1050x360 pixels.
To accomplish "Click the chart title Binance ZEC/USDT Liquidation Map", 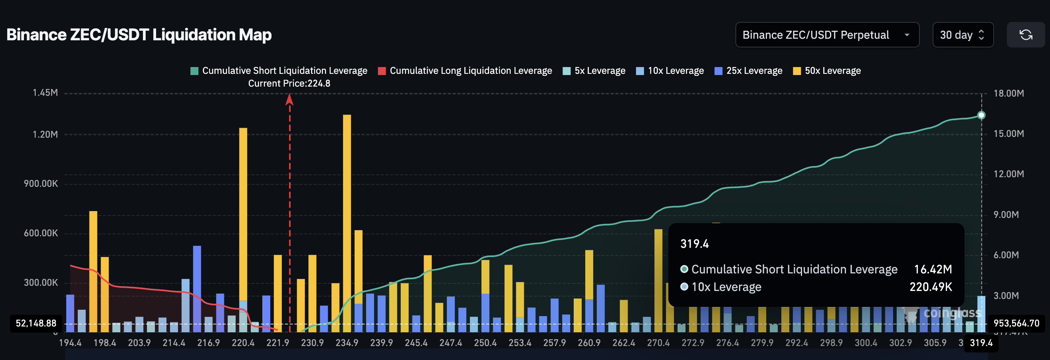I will pyautogui.click(x=139, y=35).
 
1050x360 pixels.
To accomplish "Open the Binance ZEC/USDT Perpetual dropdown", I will pyautogui.click(x=827, y=35).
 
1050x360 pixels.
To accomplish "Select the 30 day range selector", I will pyautogui.click(x=962, y=35).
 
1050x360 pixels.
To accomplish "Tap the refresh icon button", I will pyautogui.click(x=1026, y=35).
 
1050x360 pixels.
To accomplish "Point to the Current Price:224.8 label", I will pyautogui.click(x=289, y=83).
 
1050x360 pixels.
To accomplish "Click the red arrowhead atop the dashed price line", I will pyautogui.click(x=289, y=99).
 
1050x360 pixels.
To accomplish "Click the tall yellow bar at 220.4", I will pyautogui.click(x=243, y=212).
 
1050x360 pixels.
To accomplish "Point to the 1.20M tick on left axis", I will pyautogui.click(x=45, y=135).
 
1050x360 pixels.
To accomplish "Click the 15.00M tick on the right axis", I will pyautogui.click(x=1008, y=134).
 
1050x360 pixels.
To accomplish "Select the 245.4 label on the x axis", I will pyautogui.click(x=416, y=343).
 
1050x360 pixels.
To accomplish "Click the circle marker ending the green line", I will pyautogui.click(x=981, y=115).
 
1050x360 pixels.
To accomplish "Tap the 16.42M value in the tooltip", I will pyautogui.click(x=933, y=269).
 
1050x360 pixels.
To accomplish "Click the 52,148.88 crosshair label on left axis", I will pyautogui.click(x=36, y=323).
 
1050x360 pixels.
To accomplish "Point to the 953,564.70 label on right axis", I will pyautogui.click(x=1016, y=323).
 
